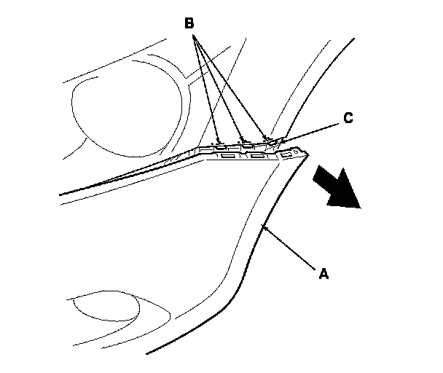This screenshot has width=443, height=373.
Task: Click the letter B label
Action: (x=189, y=23)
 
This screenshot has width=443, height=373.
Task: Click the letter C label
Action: (x=348, y=119)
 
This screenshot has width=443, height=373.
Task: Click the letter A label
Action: (x=325, y=275)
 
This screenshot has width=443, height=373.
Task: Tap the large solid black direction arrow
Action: (x=337, y=186)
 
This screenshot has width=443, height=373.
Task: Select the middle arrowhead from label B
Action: (x=242, y=138)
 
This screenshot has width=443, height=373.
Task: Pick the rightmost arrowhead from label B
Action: (x=267, y=138)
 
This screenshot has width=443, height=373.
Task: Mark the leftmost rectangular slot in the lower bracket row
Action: (x=227, y=157)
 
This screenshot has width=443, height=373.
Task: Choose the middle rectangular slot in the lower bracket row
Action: (x=256, y=156)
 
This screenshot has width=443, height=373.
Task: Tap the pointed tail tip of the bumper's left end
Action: (x=60, y=195)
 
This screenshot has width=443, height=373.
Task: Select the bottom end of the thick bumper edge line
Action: (x=148, y=354)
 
